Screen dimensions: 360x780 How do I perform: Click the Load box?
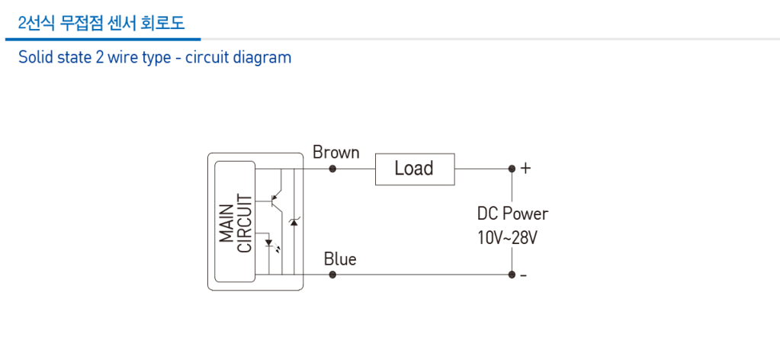click(414, 169)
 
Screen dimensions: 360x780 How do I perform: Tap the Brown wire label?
click(335, 153)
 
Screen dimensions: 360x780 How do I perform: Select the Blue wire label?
click(339, 259)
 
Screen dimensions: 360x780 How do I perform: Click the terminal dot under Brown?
click(332, 169)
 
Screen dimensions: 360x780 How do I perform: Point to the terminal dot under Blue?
click(332, 275)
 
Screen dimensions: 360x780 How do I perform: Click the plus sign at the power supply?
click(525, 169)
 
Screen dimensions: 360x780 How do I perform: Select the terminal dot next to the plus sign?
click(512, 169)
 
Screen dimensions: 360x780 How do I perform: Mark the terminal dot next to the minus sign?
click(512, 275)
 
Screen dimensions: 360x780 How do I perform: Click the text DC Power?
click(512, 214)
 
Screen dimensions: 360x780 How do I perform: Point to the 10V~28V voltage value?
click(507, 237)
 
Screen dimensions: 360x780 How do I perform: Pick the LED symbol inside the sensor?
click(269, 246)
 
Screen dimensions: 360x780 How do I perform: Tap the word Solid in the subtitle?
click(36, 57)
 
